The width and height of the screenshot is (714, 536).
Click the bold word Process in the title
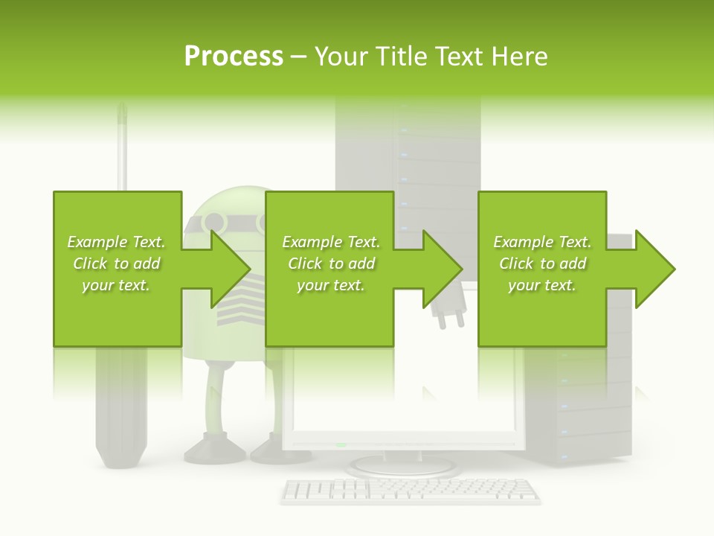(x=234, y=57)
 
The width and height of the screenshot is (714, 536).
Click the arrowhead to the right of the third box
(x=654, y=269)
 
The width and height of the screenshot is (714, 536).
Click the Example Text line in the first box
(x=116, y=242)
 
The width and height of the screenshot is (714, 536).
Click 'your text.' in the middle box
(x=331, y=285)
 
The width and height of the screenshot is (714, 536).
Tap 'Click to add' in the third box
(x=543, y=264)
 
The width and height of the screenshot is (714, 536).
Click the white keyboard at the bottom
(x=411, y=491)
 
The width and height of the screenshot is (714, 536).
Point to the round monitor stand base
(x=402, y=467)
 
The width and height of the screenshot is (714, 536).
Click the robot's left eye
(x=214, y=222)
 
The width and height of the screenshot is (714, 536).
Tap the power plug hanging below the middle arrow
(x=448, y=316)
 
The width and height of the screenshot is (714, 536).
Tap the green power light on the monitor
(x=341, y=445)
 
